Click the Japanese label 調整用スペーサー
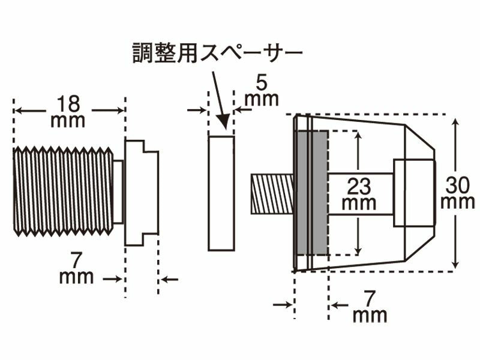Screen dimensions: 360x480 point(217,54)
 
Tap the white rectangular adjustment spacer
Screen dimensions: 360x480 point(221,193)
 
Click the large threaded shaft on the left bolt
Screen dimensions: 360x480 point(63,191)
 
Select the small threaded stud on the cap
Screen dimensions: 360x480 point(271,194)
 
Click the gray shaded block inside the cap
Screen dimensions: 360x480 point(312,193)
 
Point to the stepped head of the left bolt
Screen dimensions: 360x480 point(142,192)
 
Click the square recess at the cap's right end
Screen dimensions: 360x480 point(413,193)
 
